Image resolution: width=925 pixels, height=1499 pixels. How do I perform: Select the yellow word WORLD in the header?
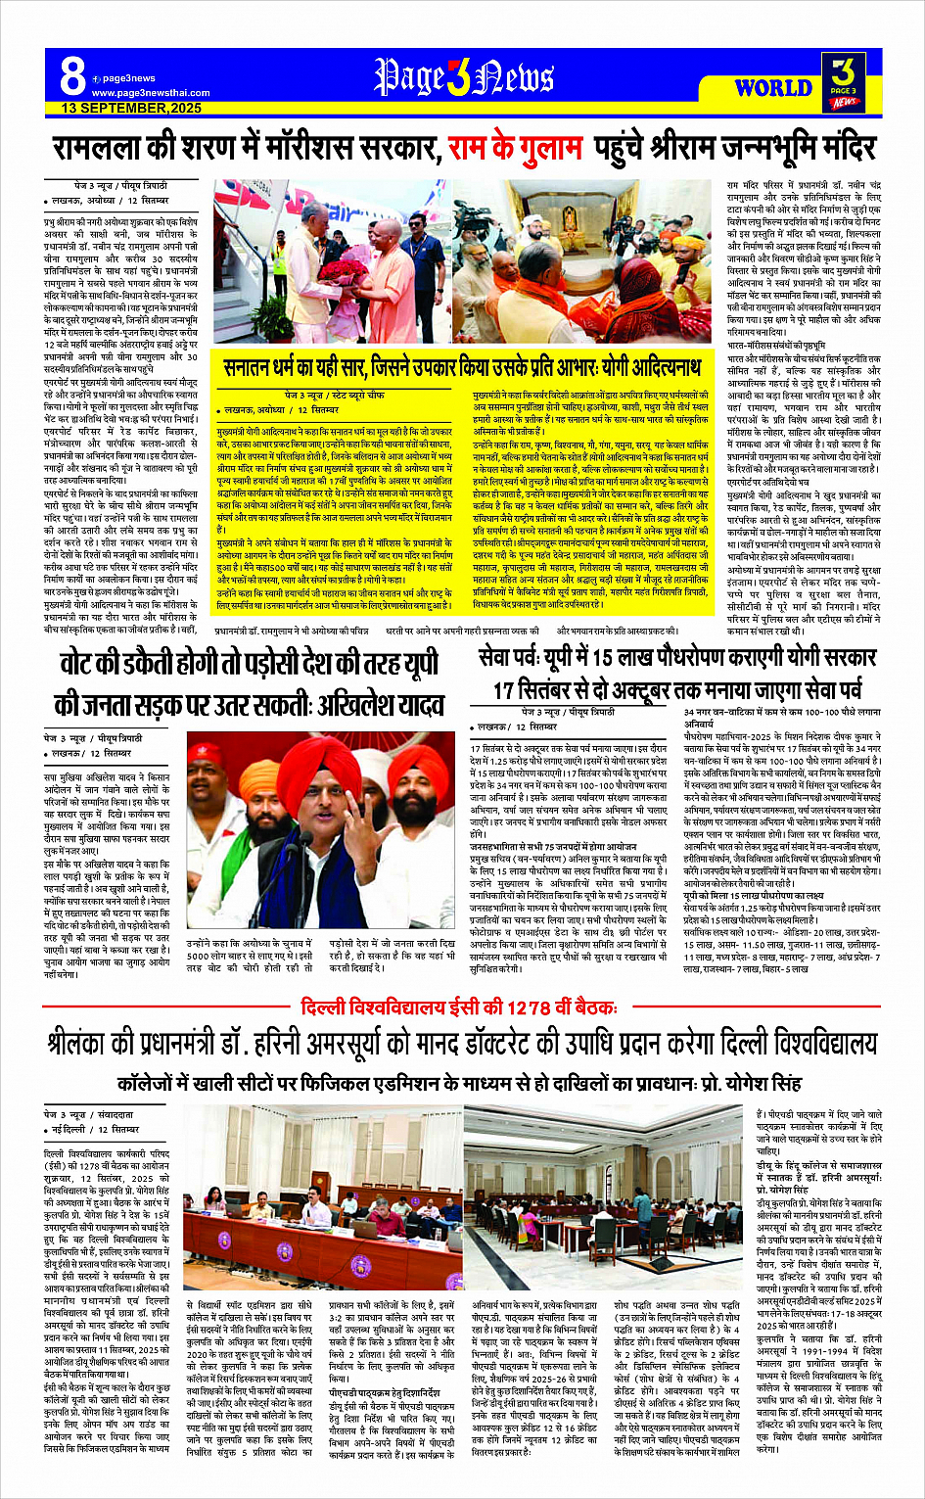772,87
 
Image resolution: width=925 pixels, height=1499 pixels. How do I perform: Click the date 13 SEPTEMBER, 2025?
131,108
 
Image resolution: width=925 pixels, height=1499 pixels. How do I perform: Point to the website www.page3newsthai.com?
151,93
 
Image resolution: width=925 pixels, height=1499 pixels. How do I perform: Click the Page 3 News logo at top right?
844,80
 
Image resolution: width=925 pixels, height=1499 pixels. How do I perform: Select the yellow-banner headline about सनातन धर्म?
462,368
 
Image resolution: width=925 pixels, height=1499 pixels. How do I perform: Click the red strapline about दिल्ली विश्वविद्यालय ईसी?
459,1007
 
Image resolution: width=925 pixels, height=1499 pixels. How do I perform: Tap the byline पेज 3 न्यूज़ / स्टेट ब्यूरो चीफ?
335,395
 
